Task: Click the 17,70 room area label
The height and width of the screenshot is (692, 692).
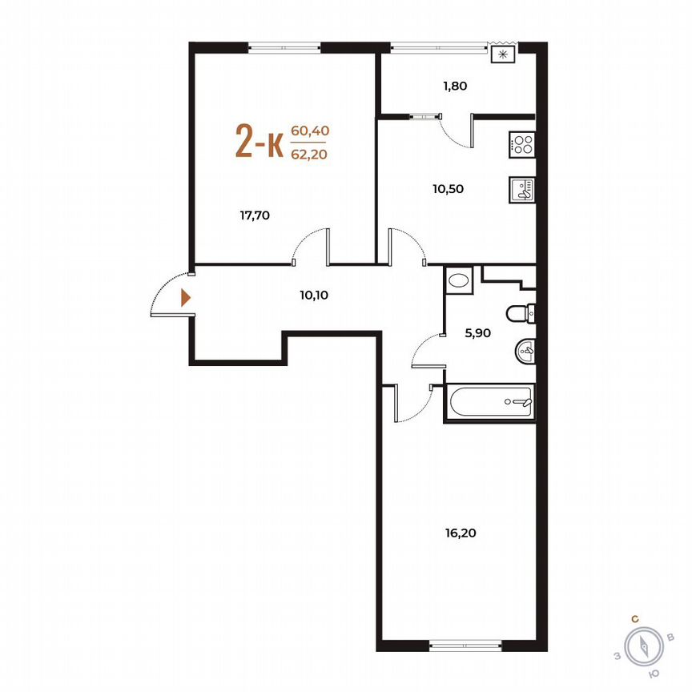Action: pos(255,214)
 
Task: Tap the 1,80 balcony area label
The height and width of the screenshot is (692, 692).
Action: pos(454,85)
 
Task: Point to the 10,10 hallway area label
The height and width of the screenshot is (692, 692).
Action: pos(315,294)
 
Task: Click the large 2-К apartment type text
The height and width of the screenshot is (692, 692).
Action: pos(258,142)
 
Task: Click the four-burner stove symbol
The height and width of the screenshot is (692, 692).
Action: pos(522,146)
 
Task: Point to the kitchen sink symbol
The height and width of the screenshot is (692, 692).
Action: pos(522,189)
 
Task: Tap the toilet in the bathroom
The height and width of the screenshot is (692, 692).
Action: pos(521,313)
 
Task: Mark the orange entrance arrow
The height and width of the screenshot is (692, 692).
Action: pos(186,298)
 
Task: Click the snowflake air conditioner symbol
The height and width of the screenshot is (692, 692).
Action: pos(503,54)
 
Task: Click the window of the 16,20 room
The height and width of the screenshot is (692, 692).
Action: pos(465,643)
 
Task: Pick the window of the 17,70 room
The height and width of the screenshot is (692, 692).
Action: pos(284,46)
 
